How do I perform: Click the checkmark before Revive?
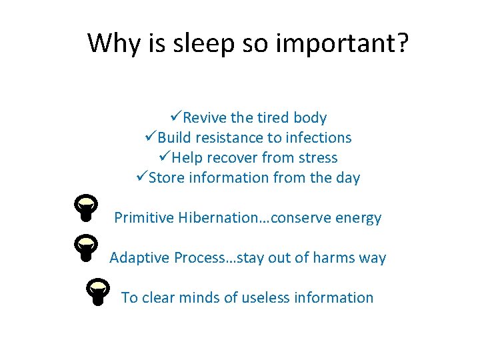coord(175,117)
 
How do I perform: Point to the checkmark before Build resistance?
coord(150,137)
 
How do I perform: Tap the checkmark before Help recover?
coord(164,157)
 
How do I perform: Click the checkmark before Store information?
coord(141,177)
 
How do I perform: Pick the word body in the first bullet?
coord(310,118)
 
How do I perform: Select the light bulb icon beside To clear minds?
coord(97,291)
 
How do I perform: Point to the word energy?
coord(358,218)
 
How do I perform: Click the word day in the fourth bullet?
coord(347,178)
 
